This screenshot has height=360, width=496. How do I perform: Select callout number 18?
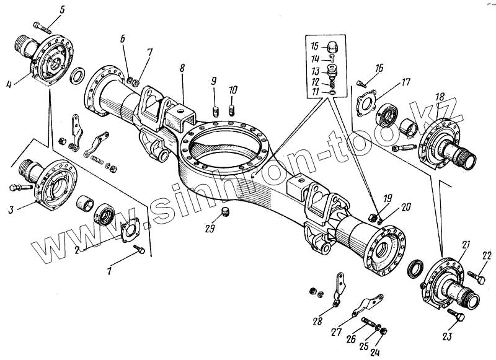[439, 97]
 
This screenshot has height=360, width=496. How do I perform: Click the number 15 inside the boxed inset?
[315, 46]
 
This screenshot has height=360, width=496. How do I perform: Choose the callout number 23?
[448, 337]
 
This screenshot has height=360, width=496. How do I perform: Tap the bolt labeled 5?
[40, 27]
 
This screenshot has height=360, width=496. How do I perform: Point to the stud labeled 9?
[214, 111]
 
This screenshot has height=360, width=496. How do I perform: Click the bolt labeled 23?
[459, 316]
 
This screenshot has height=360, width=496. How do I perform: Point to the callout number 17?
[405, 81]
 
